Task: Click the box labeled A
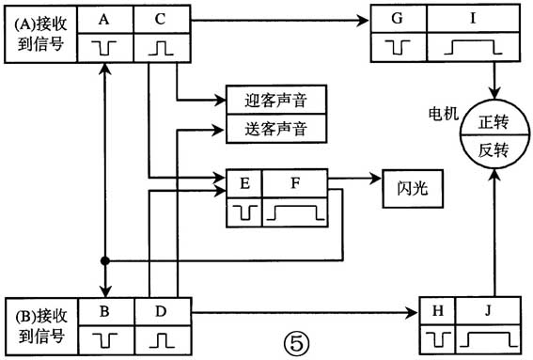pos(104,18)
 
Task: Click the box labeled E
pos(245,183)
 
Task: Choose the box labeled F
pos(294,183)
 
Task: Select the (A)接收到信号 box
pos(40,33)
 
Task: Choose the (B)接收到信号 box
pos(40,322)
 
